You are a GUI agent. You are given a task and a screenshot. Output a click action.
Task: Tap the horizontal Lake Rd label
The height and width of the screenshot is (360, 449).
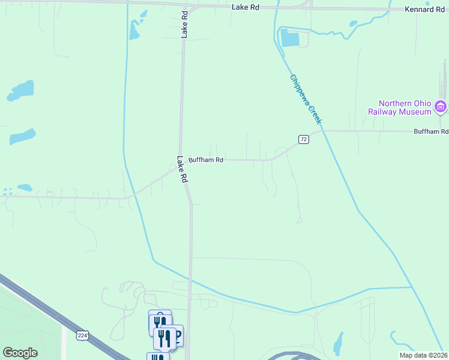coord(246,7)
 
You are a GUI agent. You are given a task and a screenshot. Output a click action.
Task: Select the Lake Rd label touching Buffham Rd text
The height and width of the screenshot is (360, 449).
coord(182,169)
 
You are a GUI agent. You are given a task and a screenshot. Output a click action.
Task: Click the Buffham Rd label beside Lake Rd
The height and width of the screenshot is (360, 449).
coord(206,160)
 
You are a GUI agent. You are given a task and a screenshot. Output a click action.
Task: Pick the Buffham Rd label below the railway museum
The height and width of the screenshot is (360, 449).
coord(431,131)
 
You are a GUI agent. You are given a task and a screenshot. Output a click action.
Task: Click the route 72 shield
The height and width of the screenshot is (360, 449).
coord(304,140)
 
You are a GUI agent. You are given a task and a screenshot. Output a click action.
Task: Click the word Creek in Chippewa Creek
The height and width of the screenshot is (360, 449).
coord(316,115)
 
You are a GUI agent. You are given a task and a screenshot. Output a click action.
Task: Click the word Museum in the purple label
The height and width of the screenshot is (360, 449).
coord(417,112)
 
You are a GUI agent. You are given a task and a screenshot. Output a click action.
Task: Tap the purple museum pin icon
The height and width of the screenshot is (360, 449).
coord(441,107)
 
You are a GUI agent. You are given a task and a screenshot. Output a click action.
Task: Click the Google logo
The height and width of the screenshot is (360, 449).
coord(20,353)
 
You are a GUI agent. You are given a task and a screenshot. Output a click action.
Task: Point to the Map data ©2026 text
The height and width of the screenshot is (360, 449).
coord(423,355)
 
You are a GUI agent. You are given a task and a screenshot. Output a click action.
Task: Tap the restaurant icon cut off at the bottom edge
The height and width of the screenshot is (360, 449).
coord(157,356)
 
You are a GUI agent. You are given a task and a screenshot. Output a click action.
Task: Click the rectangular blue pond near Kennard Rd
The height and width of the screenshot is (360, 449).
coord(289,38)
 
